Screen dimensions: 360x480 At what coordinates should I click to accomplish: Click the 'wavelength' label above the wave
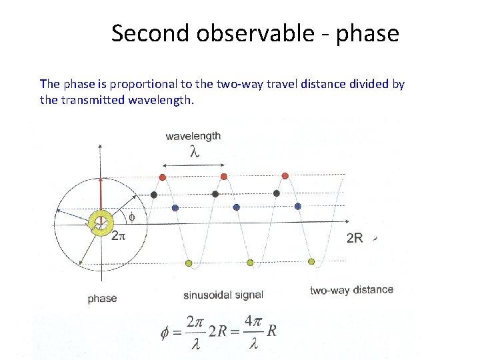[x=193, y=135]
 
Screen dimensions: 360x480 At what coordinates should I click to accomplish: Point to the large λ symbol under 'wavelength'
[x=194, y=152]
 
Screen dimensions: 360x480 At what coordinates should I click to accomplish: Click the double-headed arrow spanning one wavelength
[x=193, y=165]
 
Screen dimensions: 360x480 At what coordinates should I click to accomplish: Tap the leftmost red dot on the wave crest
[x=162, y=177]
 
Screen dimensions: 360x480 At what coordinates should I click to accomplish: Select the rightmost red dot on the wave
[x=285, y=176]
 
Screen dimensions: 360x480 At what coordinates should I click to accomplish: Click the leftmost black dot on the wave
[x=154, y=195]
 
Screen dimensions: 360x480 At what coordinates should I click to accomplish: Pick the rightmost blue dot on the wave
[x=298, y=207]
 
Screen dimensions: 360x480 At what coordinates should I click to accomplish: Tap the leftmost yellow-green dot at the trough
[x=189, y=263]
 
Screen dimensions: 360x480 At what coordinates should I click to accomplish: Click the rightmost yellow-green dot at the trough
[x=311, y=261]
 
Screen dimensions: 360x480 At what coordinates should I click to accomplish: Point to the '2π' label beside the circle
[x=118, y=235]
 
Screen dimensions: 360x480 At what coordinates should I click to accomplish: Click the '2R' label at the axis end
[x=355, y=238]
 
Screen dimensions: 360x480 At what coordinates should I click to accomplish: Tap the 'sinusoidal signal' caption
[x=223, y=295]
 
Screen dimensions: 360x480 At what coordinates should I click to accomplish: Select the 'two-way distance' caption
[x=351, y=290]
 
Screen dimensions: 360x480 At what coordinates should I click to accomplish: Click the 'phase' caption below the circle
[x=102, y=299]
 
